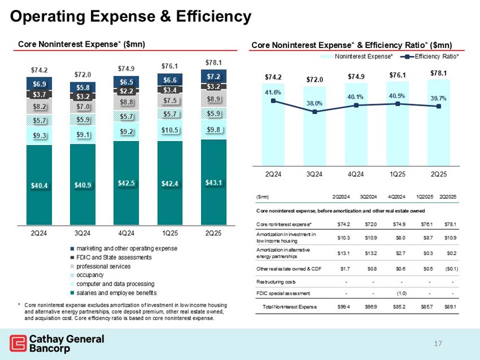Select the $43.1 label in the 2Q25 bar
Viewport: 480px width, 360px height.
click(213, 182)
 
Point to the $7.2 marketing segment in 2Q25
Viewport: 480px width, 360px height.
click(213, 76)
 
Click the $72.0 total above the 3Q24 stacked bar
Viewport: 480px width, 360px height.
click(83, 74)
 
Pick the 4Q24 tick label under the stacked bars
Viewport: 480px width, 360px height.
click(126, 231)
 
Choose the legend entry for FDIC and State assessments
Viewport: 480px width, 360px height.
click(122, 257)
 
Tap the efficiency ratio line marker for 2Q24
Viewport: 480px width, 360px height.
click(273, 101)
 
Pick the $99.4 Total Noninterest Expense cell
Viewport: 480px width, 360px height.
click(343, 307)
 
